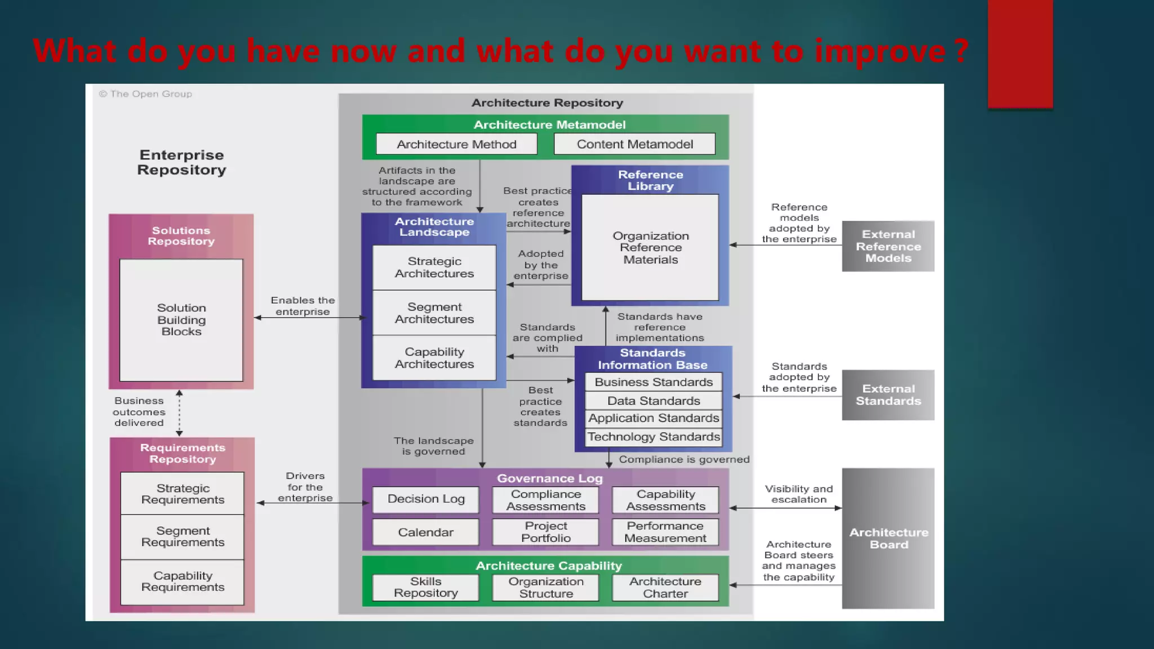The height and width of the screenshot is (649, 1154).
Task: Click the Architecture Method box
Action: coord(456,144)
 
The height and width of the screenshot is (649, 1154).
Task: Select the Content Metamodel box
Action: coord(634,144)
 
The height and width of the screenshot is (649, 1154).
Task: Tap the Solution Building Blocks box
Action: coord(181,320)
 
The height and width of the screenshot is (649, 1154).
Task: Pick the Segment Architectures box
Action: coord(434,313)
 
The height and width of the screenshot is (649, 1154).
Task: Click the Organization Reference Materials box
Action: coord(650,248)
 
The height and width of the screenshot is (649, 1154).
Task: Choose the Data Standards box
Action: coord(654,401)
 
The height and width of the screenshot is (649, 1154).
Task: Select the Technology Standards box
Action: coord(654,437)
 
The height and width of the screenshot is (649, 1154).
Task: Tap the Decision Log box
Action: coord(426,499)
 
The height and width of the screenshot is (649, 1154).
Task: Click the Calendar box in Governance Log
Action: coord(426,532)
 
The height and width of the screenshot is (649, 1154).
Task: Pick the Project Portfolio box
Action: coord(545,532)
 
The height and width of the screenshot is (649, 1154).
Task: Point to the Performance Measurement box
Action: coord(665,532)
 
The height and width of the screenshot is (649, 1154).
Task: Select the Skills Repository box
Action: coord(426,588)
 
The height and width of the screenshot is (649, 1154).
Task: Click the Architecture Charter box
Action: coord(665,588)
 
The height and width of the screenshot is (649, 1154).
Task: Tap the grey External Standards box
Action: coord(888,395)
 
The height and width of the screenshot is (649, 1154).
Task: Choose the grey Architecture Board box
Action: coord(888,539)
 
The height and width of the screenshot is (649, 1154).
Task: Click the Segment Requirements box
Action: coord(183,537)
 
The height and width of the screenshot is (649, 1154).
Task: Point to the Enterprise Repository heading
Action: coord(181,162)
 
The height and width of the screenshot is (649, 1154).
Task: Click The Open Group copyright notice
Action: coord(146,94)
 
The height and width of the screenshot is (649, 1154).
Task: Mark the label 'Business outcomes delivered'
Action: coord(139,412)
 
